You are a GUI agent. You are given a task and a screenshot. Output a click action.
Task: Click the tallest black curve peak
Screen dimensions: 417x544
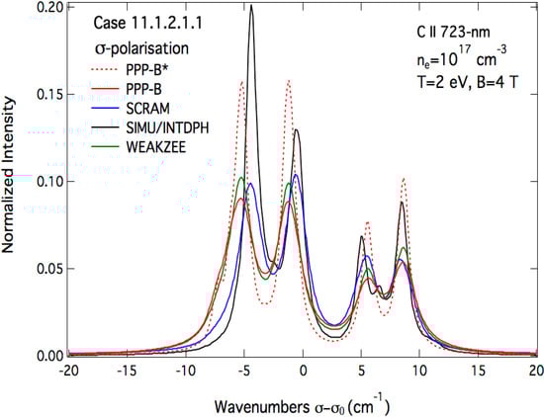251,7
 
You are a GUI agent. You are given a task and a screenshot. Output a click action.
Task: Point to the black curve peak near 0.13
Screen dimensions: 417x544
296,129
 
